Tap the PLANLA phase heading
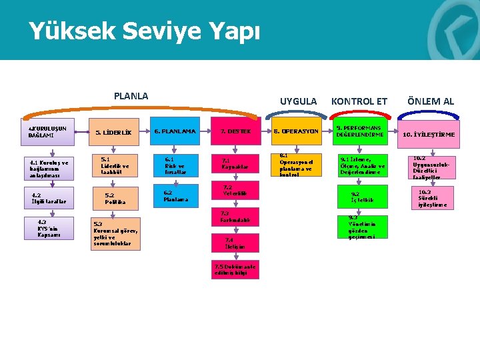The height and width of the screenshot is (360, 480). (131, 96)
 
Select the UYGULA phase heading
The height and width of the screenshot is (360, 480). (298, 101)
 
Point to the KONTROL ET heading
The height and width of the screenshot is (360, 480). (359, 101)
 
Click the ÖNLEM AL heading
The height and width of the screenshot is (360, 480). (431, 101)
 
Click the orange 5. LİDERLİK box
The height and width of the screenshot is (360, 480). (113, 133)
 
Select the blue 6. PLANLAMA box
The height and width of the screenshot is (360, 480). (175, 131)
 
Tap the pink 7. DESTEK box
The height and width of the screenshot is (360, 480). (235, 131)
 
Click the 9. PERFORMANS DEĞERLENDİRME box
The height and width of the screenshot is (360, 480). (360, 131)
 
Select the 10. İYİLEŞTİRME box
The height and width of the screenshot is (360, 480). (429, 135)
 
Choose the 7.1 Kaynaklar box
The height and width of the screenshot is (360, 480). (235, 163)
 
